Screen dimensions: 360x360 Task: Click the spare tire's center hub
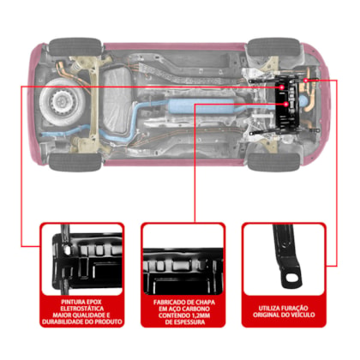pos(61,101)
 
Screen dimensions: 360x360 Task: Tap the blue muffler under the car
pos(201,106)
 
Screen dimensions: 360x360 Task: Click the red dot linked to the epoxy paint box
pos(282,87)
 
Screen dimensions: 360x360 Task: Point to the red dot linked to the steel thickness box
pos(285,105)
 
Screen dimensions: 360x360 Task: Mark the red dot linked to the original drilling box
pos(306,81)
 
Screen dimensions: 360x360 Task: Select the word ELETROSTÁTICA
pos(81,309)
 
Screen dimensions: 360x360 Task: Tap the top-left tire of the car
pos(75,46)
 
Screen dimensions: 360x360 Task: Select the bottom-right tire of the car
pos(273,162)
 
